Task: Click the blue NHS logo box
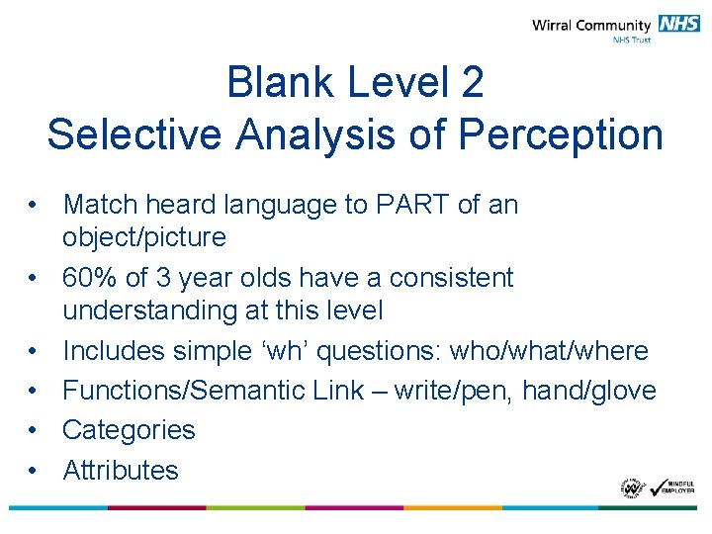pyautogui.click(x=678, y=25)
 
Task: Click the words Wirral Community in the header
pyautogui.click(x=591, y=26)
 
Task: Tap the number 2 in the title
pyautogui.click(x=472, y=83)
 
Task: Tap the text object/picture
pyautogui.click(x=144, y=237)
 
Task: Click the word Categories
pyautogui.click(x=129, y=430)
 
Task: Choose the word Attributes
pyautogui.click(x=121, y=470)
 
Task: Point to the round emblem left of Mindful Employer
pyautogui.click(x=633, y=488)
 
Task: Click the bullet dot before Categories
pyautogui.click(x=34, y=430)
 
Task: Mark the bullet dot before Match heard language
pyautogui.click(x=34, y=205)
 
